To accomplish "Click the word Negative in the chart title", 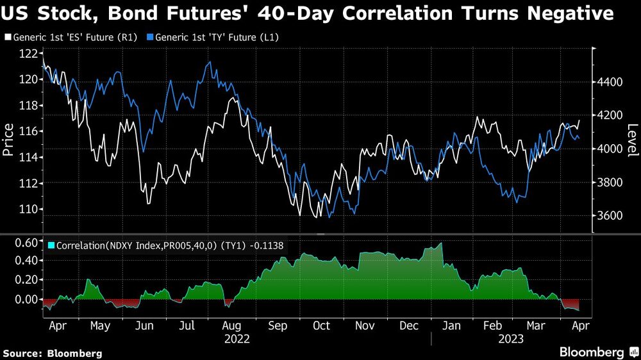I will point(562,13).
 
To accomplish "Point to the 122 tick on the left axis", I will point(28,54).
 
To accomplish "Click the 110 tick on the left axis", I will point(28,209).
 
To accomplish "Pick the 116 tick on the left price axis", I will point(28,131).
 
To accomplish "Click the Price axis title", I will point(9,140).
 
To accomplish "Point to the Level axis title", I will point(632,140).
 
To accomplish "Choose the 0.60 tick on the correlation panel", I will point(27,241).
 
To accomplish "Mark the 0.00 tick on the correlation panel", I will point(27,300).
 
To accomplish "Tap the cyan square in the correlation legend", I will point(51,245).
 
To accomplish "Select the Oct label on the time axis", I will point(321,325).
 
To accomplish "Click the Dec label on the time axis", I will point(408,325).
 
